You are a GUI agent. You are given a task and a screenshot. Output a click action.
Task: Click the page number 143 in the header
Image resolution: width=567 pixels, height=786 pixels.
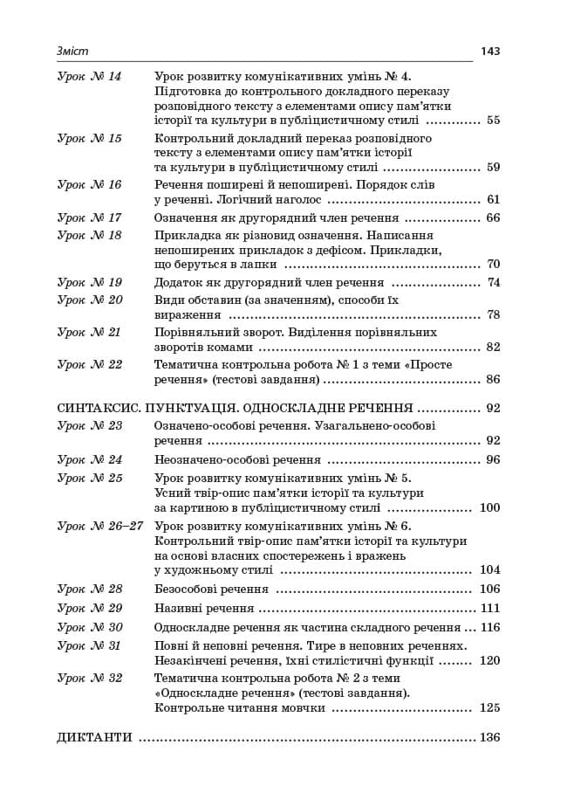tap(489, 52)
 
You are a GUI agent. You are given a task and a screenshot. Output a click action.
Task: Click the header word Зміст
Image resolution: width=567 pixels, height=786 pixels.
tap(72, 52)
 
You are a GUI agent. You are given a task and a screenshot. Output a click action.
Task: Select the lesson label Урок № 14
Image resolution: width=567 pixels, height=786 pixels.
tap(89, 77)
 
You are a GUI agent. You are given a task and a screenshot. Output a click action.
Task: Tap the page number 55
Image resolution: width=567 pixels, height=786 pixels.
tap(493, 121)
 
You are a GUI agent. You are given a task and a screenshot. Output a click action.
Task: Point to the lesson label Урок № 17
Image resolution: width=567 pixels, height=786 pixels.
tap(89, 218)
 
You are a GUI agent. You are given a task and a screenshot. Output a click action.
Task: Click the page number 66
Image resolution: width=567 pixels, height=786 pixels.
tap(493, 218)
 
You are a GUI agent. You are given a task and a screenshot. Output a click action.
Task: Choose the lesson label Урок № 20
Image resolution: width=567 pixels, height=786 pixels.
tap(89, 300)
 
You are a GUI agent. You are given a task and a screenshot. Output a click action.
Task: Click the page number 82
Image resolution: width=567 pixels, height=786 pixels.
tap(493, 348)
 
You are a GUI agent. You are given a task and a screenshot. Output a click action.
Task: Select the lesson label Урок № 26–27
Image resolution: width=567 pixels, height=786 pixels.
tap(99, 527)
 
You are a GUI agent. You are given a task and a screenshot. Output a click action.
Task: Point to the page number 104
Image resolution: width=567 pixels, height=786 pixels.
tap(489, 570)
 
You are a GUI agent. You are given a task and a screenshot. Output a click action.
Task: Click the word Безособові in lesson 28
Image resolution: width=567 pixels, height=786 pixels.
tap(186, 589)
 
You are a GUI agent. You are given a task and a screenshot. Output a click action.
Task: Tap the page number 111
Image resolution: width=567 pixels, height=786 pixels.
tap(489, 609)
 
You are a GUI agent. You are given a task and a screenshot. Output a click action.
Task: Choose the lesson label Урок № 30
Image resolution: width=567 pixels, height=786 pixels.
tap(89, 628)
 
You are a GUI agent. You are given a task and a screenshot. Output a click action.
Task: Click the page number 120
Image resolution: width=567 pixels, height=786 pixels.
tap(489, 661)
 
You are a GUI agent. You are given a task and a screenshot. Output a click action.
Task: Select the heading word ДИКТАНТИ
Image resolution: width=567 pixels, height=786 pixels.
tap(94, 738)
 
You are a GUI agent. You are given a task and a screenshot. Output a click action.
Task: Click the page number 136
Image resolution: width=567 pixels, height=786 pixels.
tap(489, 738)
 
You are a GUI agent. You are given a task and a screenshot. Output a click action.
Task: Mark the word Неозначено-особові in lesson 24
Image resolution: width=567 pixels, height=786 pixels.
tap(207, 460)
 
